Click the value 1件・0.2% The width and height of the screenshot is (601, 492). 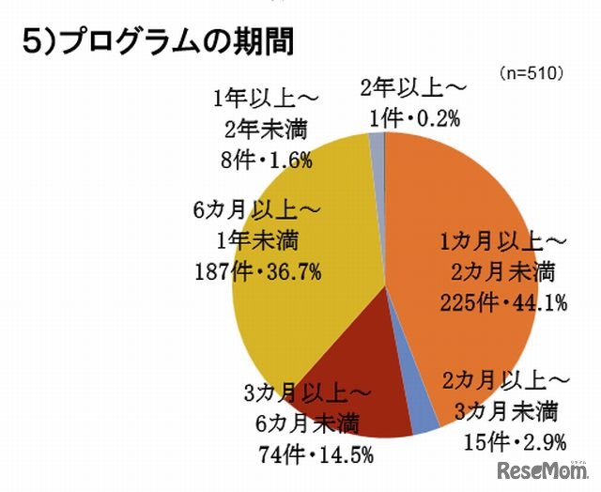(411, 119)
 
